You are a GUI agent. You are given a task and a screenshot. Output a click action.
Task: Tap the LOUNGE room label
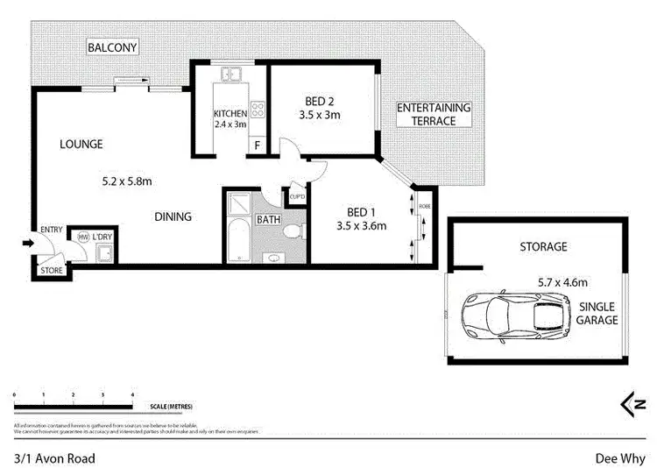pyautogui.click(x=81, y=144)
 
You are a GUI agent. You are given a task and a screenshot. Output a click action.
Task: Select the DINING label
pyautogui.click(x=173, y=216)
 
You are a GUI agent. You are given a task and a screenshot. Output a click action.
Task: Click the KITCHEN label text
pyautogui.click(x=231, y=114)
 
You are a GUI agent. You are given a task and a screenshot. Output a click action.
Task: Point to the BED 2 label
pyautogui.click(x=319, y=99)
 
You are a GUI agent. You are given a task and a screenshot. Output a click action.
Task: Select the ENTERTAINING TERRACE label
pyautogui.click(x=434, y=114)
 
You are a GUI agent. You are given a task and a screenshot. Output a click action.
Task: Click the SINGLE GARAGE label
pyautogui.click(x=597, y=313)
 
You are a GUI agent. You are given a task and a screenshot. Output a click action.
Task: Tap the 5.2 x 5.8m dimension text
pyautogui.click(x=129, y=182)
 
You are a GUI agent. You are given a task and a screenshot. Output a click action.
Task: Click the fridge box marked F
pyautogui.click(x=258, y=146)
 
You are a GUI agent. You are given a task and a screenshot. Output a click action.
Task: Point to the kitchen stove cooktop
pyautogui.click(x=258, y=110)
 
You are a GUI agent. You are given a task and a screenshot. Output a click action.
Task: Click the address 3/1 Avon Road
pyautogui.click(x=54, y=457)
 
